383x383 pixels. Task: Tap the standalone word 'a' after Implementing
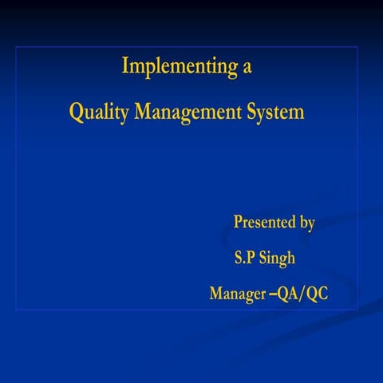(247, 68)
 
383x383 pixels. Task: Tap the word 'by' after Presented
(306, 223)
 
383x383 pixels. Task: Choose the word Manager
(238, 294)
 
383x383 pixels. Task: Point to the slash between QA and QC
(302, 294)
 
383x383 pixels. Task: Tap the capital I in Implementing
(124, 66)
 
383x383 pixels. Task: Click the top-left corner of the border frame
(17, 47)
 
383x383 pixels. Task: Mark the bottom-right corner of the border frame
(357, 310)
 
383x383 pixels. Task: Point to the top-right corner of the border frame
(357, 47)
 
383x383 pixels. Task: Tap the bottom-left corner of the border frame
(17, 310)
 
